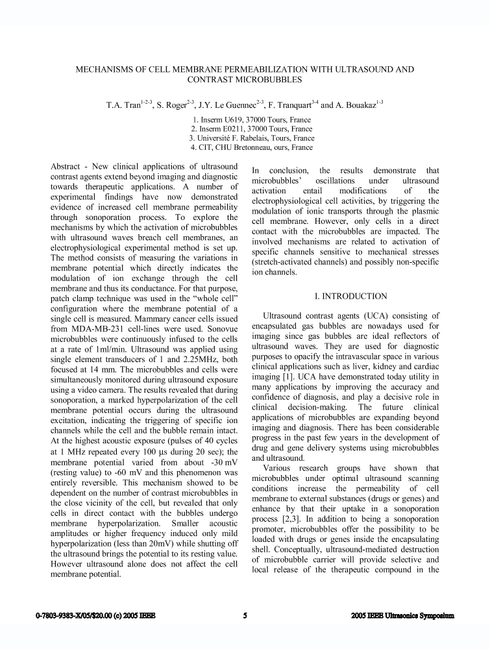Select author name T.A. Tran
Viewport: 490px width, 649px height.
coord(123,104)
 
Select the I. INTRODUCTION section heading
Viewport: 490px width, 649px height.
coord(350,296)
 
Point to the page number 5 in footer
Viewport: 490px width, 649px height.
coord(245,615)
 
